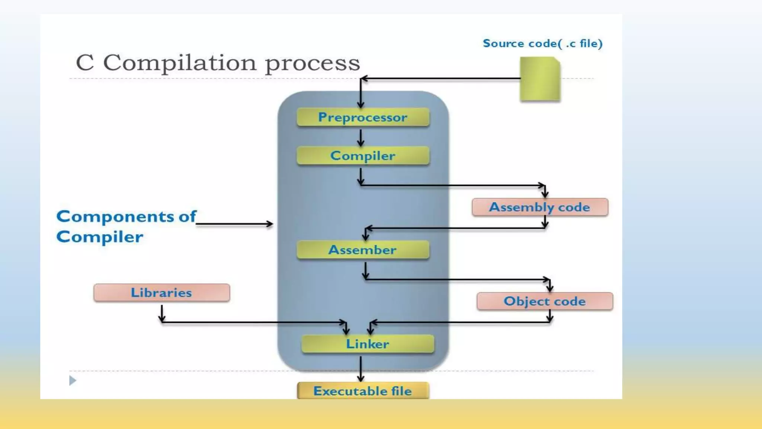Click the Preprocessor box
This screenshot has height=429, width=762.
363,117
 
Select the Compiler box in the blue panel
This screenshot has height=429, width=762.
363,156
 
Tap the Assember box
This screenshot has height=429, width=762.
363,250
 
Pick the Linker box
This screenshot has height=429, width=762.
368,344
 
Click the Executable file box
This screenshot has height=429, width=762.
363,391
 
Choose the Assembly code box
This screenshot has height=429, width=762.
540,207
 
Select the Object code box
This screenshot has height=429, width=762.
545,301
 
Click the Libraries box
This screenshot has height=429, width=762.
161,293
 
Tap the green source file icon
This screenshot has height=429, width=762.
540,79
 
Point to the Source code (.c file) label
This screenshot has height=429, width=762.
542,44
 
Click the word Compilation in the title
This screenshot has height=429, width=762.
180,63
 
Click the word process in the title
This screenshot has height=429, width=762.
313,63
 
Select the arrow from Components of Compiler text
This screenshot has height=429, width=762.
234,224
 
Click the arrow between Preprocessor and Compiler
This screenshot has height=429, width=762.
361,138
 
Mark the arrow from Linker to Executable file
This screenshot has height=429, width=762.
361,369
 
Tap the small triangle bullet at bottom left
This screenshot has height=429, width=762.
73,381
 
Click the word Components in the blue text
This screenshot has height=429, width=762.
115,216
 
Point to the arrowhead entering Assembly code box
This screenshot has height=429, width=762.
545,194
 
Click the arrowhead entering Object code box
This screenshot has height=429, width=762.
550,288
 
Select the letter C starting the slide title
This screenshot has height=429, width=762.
85,63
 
